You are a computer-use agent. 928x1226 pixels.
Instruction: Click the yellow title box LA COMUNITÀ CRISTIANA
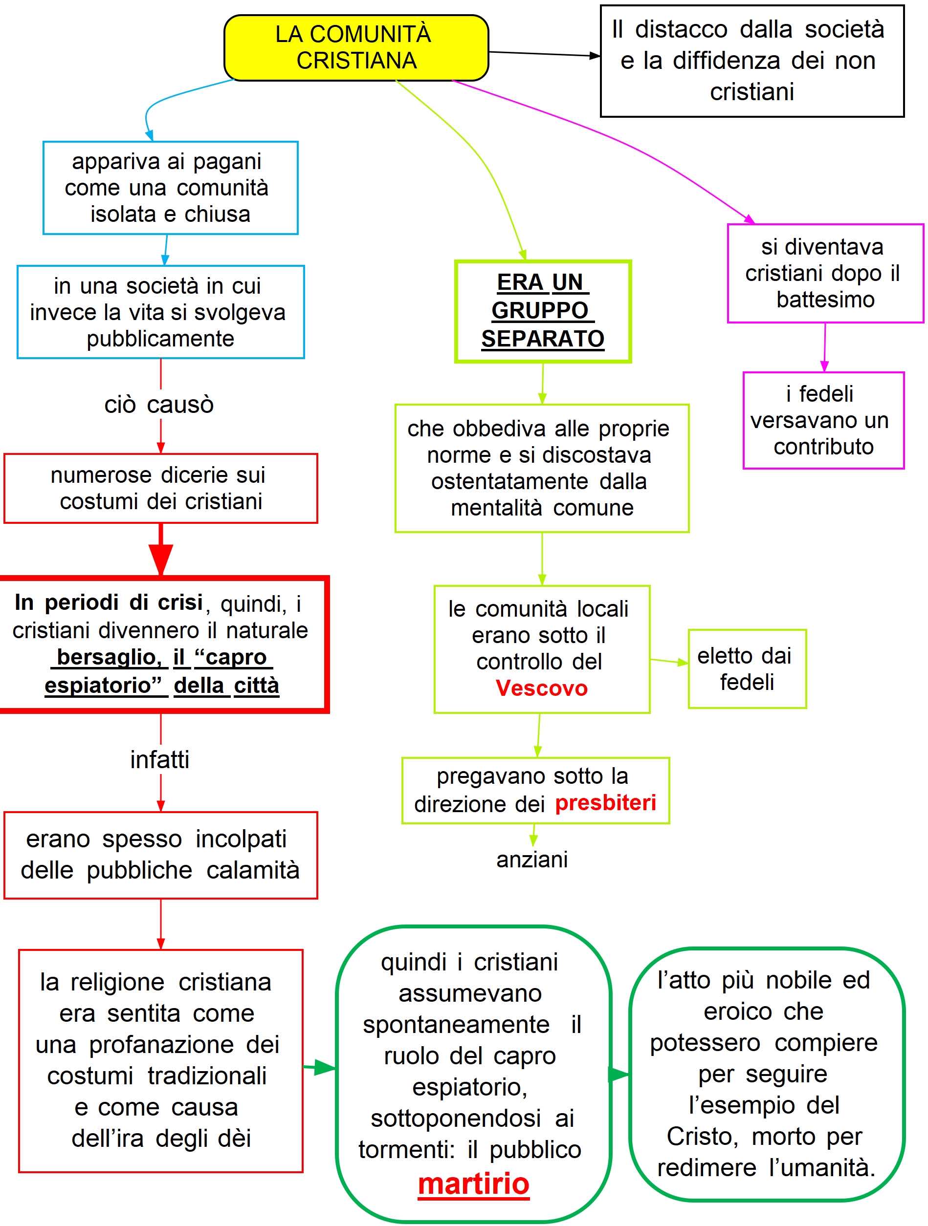click(355, 48)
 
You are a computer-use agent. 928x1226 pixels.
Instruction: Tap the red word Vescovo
click(541, 688)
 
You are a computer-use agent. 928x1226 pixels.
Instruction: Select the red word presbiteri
click(605, 802)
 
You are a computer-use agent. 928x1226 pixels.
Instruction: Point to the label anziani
click(532, 860)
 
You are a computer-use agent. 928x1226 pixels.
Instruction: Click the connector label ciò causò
click(159, 405)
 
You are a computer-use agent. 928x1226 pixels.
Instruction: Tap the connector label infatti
click(160, 760)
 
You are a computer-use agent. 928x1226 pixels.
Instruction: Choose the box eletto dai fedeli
click(747, 669)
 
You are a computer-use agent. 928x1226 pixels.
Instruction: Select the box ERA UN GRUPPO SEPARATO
click(543, 311)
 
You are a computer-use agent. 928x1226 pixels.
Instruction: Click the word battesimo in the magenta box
click(825, 300)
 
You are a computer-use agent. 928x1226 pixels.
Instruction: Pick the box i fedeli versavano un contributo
click(823, 421)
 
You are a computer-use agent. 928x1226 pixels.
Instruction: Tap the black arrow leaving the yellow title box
click(544, 54)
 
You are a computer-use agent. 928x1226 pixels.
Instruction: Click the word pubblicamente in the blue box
click(160, 339)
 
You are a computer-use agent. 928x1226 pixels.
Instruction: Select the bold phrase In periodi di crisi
click(109, 602)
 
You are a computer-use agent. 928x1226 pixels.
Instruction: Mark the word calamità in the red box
click(253, 870)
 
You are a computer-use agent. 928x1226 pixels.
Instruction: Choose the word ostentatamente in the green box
click(509, 482)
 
